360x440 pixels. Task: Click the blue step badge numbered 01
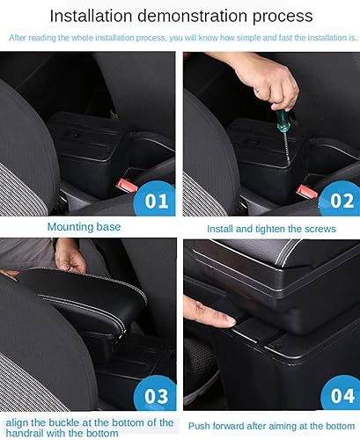coord(157,200)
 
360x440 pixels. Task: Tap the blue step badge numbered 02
coord(338,200)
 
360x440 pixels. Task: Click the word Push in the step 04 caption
coord(200,426)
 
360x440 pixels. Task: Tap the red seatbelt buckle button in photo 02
coord(306,190)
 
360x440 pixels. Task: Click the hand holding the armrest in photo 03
coord(70,258)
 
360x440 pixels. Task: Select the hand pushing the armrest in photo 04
coord(201,311)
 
